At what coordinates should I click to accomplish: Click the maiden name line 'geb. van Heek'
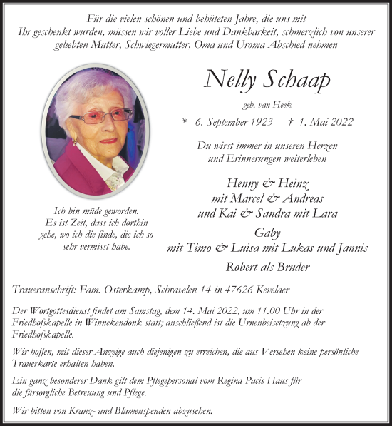pyautogui.click(x=267, y=104)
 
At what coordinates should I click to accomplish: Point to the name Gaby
pyautogui.click(x=267, y=233)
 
